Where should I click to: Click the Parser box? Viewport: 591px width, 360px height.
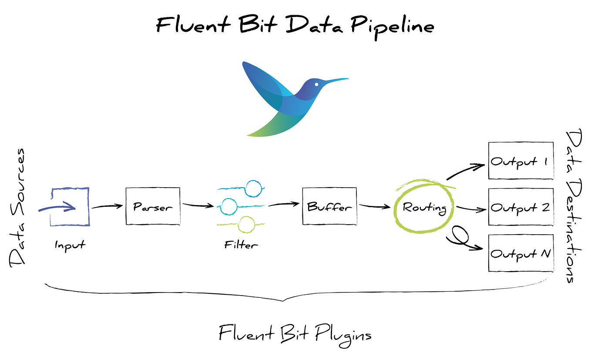pos(152,206)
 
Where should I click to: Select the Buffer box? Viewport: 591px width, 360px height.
pos(329,206)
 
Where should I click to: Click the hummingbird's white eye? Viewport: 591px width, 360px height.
pos(316,84)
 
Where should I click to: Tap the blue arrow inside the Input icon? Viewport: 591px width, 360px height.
pos(59,207)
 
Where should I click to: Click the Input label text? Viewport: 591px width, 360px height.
pos(70,245)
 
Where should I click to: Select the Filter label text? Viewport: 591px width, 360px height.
pos(241,245)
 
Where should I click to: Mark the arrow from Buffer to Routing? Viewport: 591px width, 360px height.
pos(374,206)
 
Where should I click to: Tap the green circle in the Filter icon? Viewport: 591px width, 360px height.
pos(247,223)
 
